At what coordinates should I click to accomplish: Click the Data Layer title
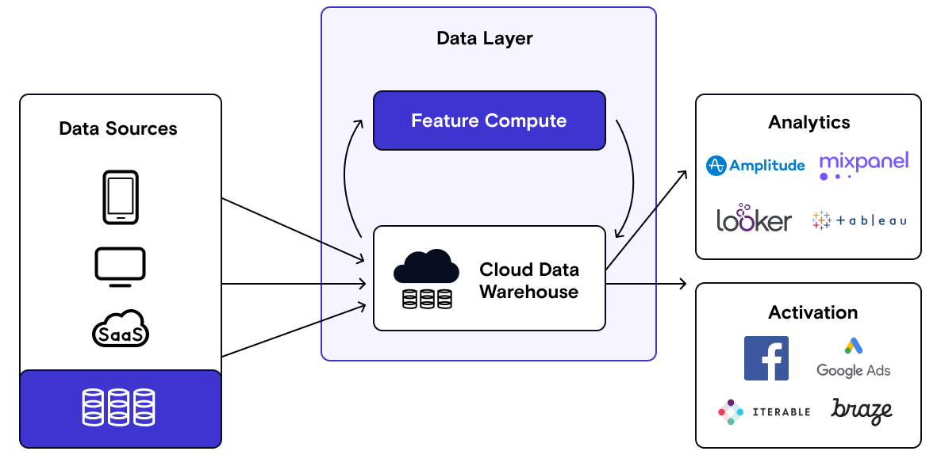tap(485, 38)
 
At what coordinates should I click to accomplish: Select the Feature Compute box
tap(489, 120)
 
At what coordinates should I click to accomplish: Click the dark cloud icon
tap(426, 267)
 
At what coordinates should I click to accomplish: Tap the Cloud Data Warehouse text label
tap(528, 281)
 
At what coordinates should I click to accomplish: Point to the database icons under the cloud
tap(427, 298)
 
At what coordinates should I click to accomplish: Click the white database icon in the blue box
tap(119, 407)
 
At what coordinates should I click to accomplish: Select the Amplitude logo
tap(755, 166)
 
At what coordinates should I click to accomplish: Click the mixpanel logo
tap(863, 164)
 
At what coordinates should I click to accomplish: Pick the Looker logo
tap(754, 218)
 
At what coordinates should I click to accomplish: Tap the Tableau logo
tap(859, 220)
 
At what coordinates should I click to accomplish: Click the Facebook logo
tap(766, 358)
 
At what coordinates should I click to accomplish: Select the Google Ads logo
tap(853, 358)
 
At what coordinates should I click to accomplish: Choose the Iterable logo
tap(763, 411)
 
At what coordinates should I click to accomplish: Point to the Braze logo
tap(862, 411)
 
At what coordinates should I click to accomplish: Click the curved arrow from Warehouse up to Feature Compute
tap(347, 174)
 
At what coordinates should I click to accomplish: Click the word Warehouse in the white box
tap(528, 292)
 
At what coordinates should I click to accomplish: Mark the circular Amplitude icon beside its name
tap(716, 166)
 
